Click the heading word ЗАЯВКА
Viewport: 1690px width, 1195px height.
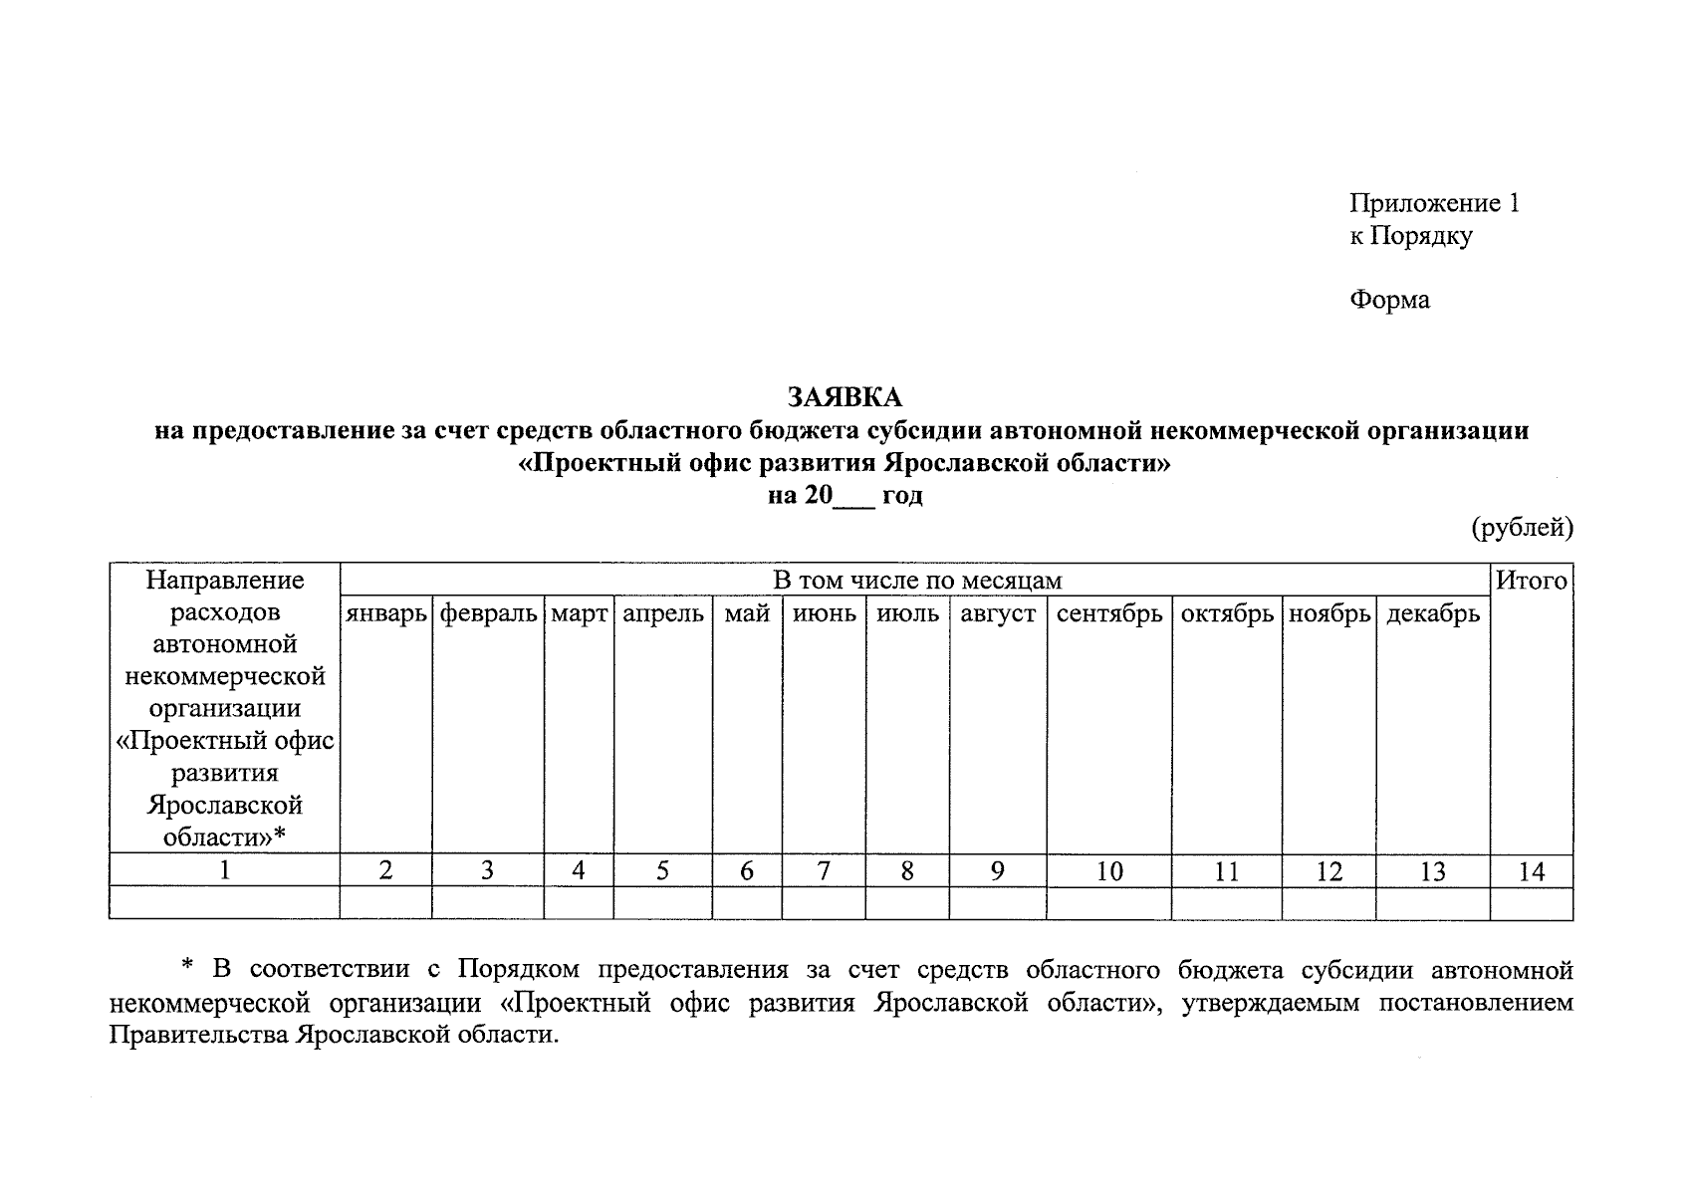click(845, 397)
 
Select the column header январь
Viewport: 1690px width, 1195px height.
click(386, 613)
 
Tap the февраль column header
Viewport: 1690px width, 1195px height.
click(488, 613)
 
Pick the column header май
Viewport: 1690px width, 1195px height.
click(747, 613)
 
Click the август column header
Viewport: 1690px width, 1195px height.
click(998, 613)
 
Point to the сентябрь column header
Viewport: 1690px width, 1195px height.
click(1109, 613)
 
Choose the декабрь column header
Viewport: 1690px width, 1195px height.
click(1433, 613)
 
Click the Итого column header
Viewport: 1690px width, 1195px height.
click(1532, 581)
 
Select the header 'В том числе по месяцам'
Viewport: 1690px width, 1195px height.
click(917, 581)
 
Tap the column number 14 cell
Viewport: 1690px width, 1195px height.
click(1532, 871)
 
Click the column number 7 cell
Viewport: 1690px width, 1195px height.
click(824, 871)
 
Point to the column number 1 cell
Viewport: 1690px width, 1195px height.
click(225, 870)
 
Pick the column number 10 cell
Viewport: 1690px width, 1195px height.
click(1109, 871)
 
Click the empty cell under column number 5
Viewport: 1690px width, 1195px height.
click(662, 903)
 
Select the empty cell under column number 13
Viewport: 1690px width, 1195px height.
click(1433, 903)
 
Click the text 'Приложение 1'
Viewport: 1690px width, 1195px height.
click(1434, 204)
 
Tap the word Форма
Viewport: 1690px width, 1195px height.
click(1389, 300)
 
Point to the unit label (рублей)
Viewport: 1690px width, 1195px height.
click(1523, 528)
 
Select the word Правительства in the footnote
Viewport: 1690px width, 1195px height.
click(198, 1035)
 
